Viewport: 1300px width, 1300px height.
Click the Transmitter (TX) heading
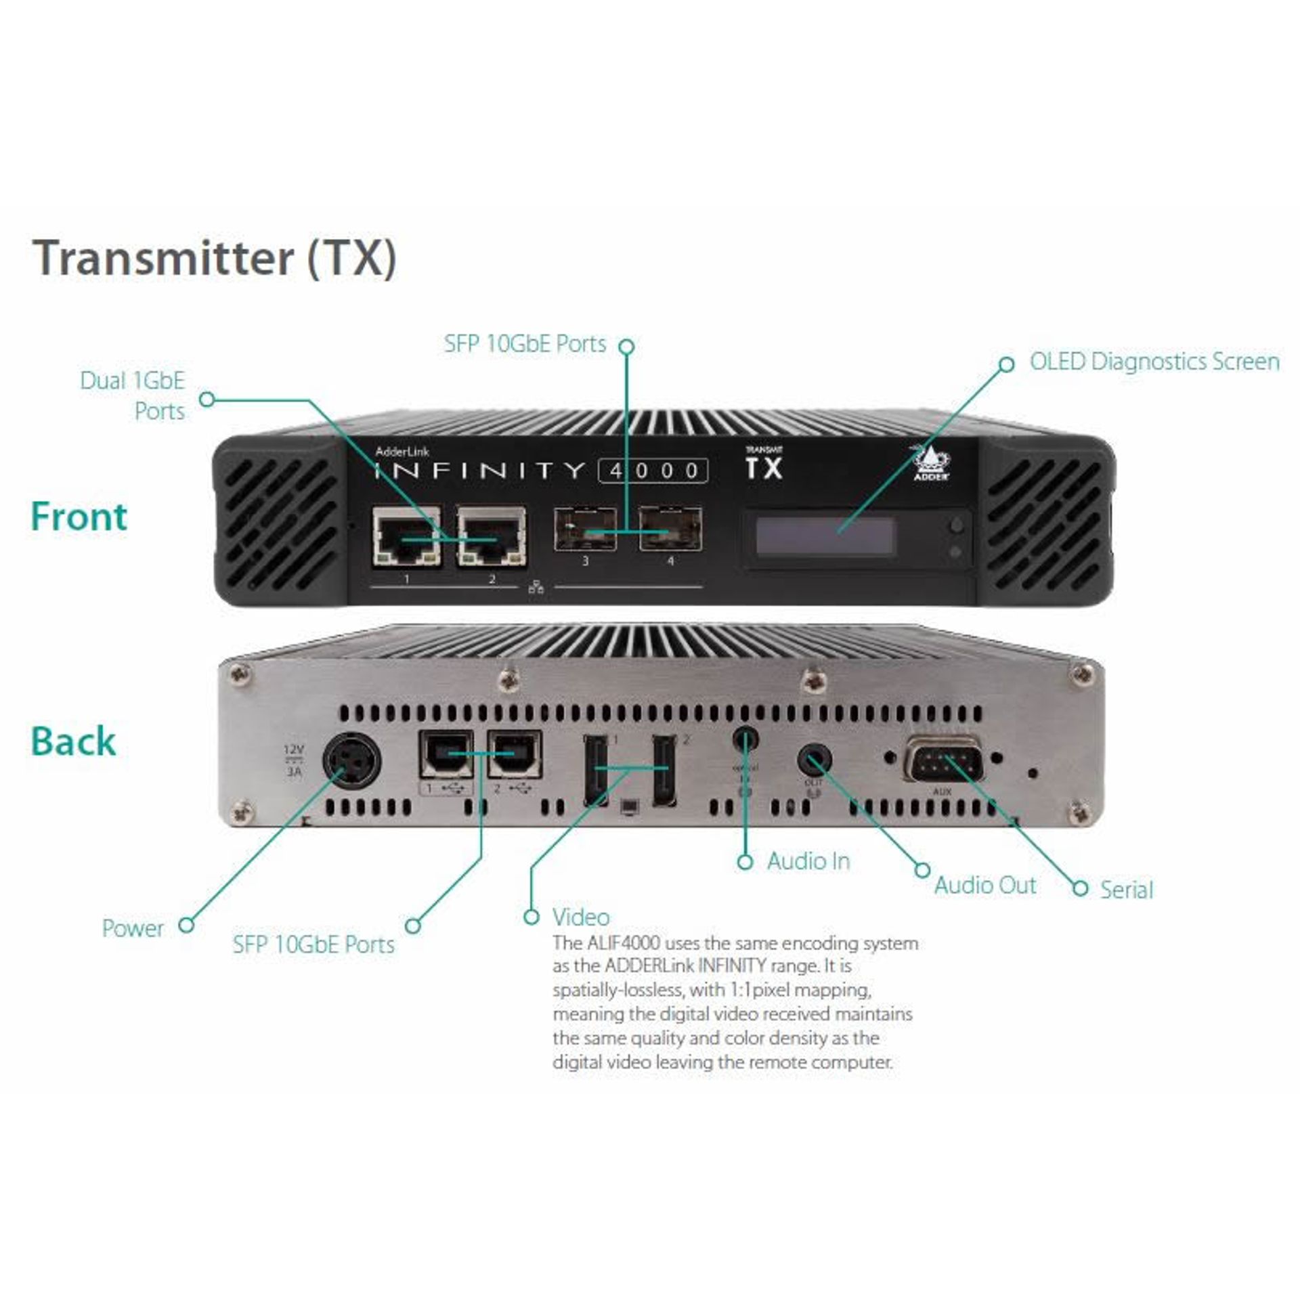pyautogui.click(x=215, y=258)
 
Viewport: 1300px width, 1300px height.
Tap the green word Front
pyautogui.click(x=79, y=517)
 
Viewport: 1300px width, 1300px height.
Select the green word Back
pyautogui.click(x=73, y=741)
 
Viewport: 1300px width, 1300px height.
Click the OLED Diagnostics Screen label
pyautogui.click(x=1154, y=362)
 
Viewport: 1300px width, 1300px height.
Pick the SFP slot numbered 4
pyautogui.click(x=670, y=530)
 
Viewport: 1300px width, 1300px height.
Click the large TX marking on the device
pyautogui.click(x=763, y=468)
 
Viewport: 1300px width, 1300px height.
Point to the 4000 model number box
pyautogui.click(x=653, y=471)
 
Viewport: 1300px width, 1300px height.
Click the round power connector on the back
pyautogui.click(x=351, y=759)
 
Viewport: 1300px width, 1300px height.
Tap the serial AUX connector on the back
pyautogui.click(x=942, y=761)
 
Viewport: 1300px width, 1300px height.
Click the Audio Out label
pyautogui.click(x=985, y=885)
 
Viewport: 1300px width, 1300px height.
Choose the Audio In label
pyautogui.click(x=808, y=861)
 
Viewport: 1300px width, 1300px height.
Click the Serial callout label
pyautogui.click(x=1126, y=889)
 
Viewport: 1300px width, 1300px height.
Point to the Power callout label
pyautogui.click(x=133, y=928)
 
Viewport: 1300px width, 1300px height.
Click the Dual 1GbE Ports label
pyautogui.click(x=133, y=395)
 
